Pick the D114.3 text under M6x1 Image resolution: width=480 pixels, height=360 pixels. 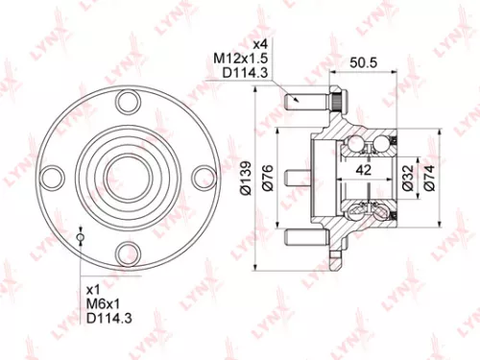click(107, 320)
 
